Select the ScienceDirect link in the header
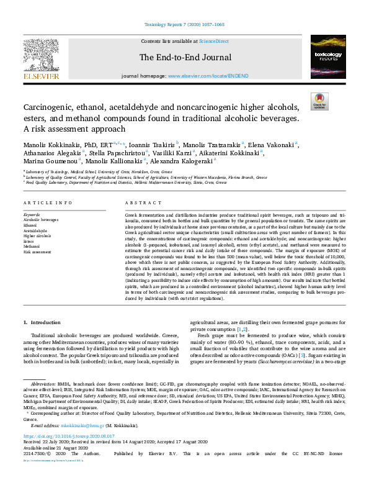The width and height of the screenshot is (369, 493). click(213, 41)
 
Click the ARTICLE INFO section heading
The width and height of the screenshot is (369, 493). click(48, 203)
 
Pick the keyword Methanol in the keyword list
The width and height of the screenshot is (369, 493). click(33, 246)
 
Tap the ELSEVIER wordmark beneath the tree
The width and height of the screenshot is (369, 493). click(41, 76)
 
